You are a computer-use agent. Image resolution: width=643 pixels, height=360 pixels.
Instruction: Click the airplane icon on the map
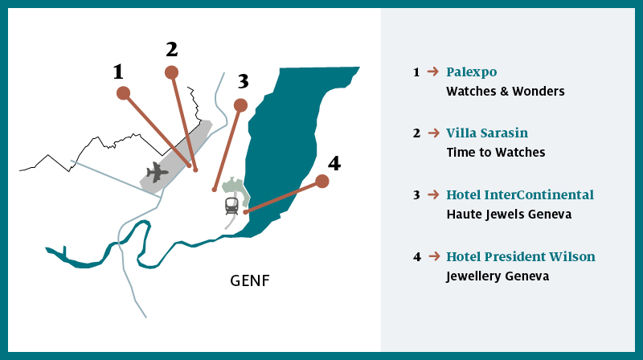(158, 171)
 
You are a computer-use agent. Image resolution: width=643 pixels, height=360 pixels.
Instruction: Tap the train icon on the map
(232, 205)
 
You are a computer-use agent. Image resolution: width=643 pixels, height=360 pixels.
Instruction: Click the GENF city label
(250, 282)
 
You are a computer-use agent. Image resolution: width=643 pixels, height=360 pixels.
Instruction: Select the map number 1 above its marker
(118, 72)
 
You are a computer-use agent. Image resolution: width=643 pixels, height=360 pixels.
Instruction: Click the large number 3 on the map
(244, 81)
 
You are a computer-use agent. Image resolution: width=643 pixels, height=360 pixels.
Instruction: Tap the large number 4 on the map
(334, 163)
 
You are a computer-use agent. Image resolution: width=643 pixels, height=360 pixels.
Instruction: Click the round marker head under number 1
(123, 93)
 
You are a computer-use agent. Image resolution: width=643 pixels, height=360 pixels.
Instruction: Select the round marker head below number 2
(171, 72)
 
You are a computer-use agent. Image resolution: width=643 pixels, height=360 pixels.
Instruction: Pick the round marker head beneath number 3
(240, 104)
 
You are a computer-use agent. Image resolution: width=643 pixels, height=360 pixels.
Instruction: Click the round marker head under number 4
(322, 182)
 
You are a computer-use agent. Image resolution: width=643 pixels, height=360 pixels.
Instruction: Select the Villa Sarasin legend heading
(487, 133)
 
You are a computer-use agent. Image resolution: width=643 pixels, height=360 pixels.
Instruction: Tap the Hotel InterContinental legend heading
(520, 194)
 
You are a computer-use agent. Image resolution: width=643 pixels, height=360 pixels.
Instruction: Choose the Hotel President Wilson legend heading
(521, 256)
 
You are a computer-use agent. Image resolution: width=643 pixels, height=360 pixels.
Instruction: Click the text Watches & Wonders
(506, 92)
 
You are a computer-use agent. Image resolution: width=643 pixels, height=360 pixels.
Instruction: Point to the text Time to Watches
(496, 153)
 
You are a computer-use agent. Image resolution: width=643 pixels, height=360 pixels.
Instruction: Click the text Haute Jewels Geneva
(509, 215)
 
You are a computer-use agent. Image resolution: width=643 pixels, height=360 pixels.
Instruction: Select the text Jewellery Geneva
(498, 276)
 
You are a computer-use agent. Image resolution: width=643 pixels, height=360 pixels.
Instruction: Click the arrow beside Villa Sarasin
(432, 133)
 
